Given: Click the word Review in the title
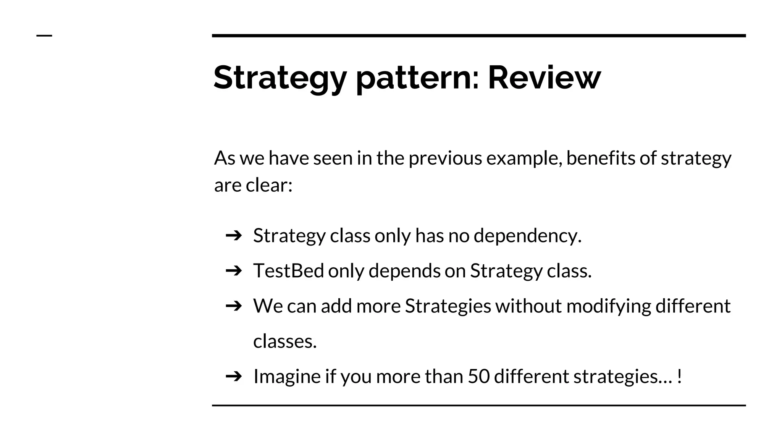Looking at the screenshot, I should [x=544, y=78].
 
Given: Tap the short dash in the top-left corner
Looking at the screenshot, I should [x=44, y=36].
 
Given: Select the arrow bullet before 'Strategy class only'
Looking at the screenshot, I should [x=234, y=235].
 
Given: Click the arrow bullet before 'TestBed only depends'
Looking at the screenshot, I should [x=234, y=271].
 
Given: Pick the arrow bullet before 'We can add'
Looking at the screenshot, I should [x=234, y=306].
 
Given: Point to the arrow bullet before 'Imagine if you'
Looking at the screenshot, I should [x=234, y=376].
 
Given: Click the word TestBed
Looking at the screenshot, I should [x=288, y=271].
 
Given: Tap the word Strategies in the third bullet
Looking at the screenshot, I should [x=448, y=306].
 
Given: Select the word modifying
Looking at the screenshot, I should [x=608, y=306].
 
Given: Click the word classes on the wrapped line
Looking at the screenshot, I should [x=284, y=341].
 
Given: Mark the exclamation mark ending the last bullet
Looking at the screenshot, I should [x=679, y=376].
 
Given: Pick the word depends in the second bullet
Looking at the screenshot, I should [x=404, y=271].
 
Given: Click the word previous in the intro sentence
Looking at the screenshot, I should [x=445, y=159].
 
